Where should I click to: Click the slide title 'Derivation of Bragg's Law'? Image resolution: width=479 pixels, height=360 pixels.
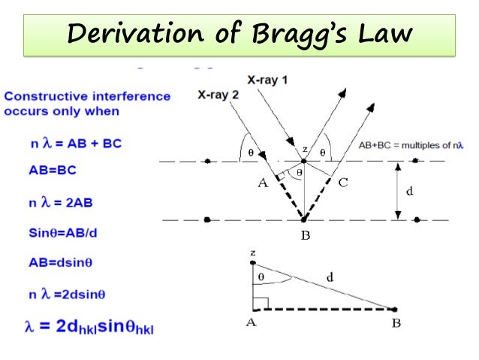point(239,34)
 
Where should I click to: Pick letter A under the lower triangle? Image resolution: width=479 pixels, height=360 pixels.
point(252,325)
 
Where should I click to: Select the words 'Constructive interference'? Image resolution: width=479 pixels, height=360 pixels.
point(87,96)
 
